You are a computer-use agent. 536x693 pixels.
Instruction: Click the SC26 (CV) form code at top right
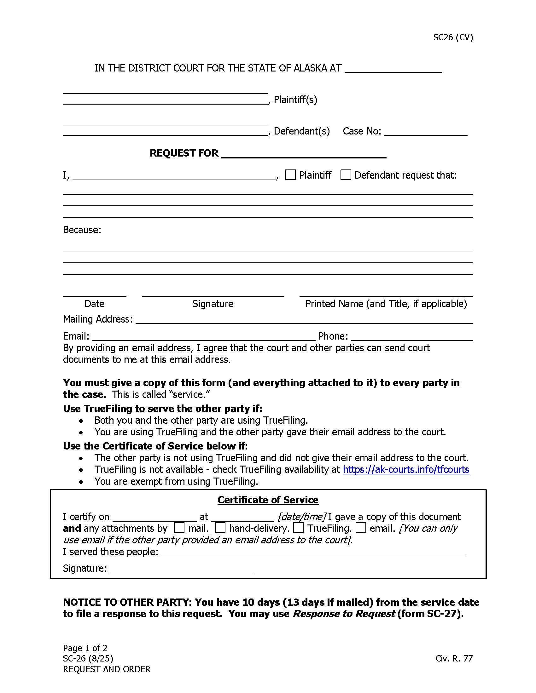453,37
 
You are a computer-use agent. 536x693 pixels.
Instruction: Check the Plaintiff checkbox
290,175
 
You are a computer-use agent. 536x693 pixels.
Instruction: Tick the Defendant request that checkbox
346,175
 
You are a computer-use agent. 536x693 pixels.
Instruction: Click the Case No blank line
426,132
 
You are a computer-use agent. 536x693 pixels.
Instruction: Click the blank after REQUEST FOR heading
303,154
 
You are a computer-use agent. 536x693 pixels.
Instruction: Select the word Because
82,230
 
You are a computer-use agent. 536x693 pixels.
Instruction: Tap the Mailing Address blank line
304,320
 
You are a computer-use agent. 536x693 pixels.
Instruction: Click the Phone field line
411,337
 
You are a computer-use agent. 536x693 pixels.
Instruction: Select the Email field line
204,337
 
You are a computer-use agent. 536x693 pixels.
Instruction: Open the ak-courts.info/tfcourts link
406,470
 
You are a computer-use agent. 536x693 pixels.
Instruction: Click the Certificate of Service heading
268,500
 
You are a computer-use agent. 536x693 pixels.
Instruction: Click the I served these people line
313,553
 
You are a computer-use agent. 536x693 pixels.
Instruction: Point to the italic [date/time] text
301,517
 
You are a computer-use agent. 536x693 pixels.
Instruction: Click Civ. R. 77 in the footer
454,658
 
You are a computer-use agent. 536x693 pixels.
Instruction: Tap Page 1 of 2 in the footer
85,648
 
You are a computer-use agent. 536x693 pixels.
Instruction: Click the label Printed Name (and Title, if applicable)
386,304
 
